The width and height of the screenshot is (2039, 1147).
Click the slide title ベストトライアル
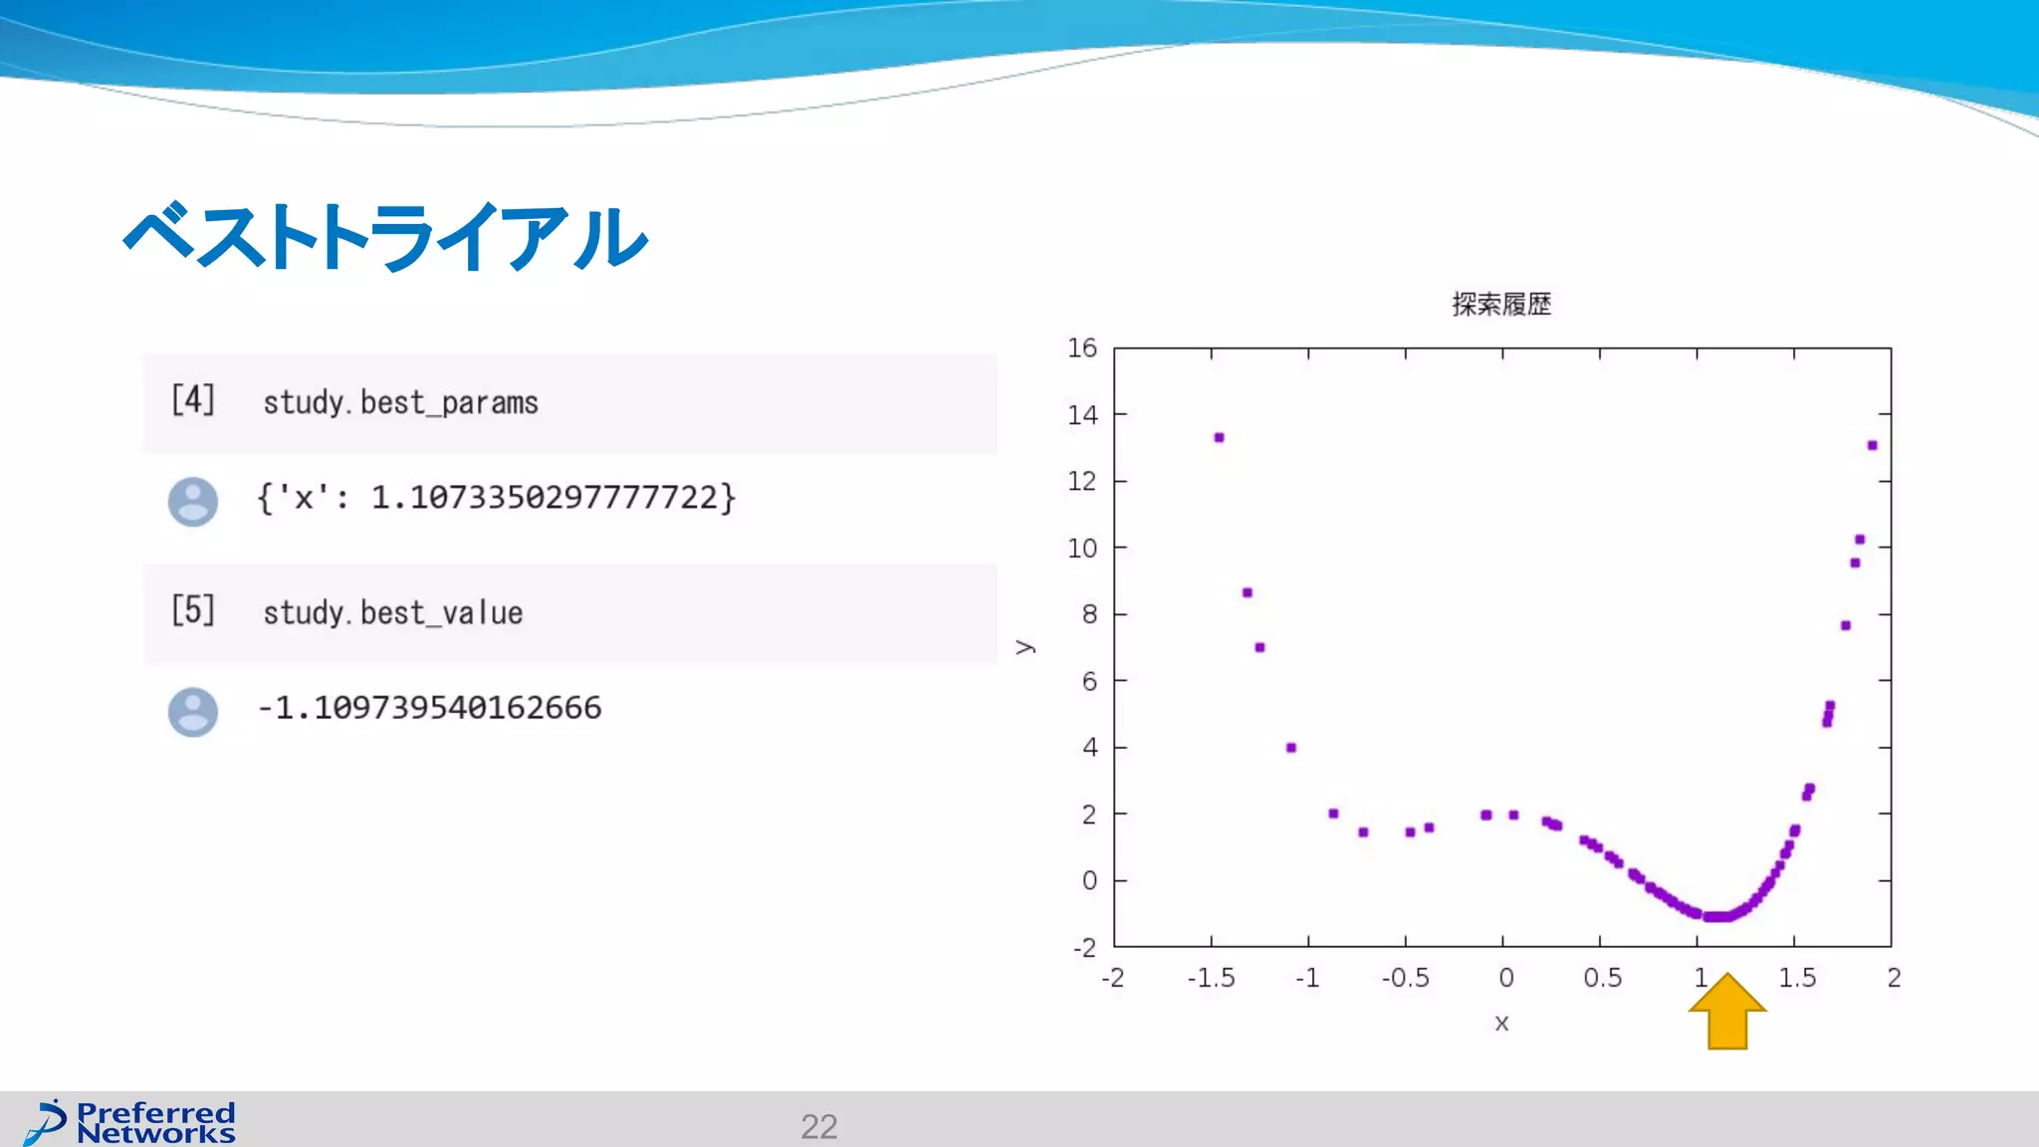386,237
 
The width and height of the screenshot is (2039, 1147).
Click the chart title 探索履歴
1501,305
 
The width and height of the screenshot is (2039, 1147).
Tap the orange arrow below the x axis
1727,1013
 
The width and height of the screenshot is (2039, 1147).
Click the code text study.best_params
400,403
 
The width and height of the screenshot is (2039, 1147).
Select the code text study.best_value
392,613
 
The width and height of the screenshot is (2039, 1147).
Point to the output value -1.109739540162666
429,708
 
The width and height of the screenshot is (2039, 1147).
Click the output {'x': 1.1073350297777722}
496,497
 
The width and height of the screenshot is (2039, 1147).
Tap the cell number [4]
192,400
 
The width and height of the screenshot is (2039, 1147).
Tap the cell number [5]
192,610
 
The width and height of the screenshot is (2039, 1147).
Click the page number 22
818,1126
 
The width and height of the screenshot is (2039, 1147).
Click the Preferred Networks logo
130,1123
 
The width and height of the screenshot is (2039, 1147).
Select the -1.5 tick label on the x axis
1211,979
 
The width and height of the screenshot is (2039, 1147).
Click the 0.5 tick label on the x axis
1602,979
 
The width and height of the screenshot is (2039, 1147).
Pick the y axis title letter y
1025,648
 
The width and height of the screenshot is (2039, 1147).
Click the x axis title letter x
1501,1023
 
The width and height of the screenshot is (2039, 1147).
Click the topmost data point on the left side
1219,438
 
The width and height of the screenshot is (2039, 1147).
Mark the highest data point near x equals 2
1872,446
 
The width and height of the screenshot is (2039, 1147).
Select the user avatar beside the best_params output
192,502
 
